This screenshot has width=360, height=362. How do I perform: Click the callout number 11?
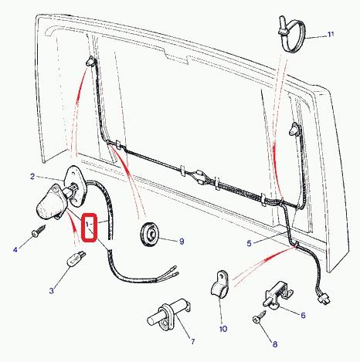[331, 34]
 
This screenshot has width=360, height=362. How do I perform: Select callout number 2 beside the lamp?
[32, 177]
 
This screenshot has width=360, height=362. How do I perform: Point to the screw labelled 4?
[39, 231]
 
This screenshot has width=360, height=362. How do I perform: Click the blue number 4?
[15, 249]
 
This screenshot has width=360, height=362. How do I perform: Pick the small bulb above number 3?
[76, 259]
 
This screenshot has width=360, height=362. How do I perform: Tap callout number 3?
[52, 291]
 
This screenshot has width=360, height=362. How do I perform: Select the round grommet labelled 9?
[150, 234]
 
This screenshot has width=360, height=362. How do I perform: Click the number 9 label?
[182, 242]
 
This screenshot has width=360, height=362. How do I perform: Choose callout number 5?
[249, 243]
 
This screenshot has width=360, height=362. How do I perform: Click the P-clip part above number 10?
[219, 284]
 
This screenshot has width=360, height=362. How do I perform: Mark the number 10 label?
[223, 329]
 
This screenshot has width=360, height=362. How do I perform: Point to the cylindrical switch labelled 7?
[168, 314]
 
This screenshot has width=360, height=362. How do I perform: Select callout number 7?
[193, 341]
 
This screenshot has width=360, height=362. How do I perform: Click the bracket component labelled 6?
[277, 295]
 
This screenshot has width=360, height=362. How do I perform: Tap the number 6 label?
[303, 315]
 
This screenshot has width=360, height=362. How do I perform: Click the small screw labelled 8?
[259, 316]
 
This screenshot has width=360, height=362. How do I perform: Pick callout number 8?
[275, 344]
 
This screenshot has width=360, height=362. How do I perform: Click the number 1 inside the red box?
[87, 224]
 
